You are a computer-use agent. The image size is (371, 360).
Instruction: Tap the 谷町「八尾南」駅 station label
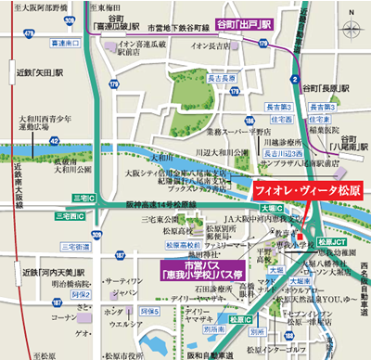pyautogui.click(x=349, y=143)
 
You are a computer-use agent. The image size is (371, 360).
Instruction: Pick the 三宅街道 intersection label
pyautogui.click(x=74, y=248)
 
